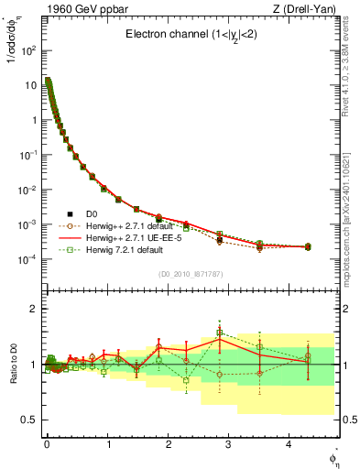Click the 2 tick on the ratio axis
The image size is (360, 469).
35,309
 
